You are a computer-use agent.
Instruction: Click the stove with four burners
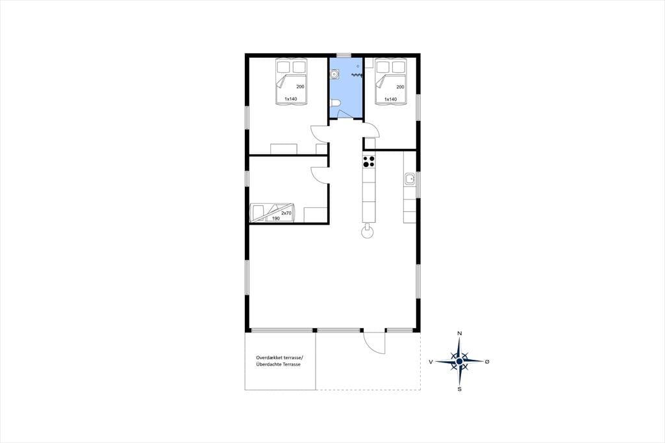[369, 161]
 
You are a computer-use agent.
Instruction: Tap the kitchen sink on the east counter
[410, 179]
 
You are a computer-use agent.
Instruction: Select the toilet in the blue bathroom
[334, 103]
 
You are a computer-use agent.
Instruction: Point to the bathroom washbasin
[334, 75]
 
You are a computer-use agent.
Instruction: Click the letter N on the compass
[459, 333]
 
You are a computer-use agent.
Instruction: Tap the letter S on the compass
[459, 388]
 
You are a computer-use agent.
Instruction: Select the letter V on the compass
[431, 362]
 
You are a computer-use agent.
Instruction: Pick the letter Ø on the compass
[487, 362]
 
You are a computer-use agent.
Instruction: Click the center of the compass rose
[459, 362]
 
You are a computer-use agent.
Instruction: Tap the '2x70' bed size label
[286, 213]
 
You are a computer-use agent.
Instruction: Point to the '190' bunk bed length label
[275, 218]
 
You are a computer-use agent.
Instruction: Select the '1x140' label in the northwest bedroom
[290, 99]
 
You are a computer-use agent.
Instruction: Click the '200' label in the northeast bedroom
[400, 87]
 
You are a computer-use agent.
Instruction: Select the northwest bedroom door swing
[320, 134]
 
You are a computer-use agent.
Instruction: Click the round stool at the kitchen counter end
[367, 232]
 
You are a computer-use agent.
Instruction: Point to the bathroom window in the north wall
[344, 55]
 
